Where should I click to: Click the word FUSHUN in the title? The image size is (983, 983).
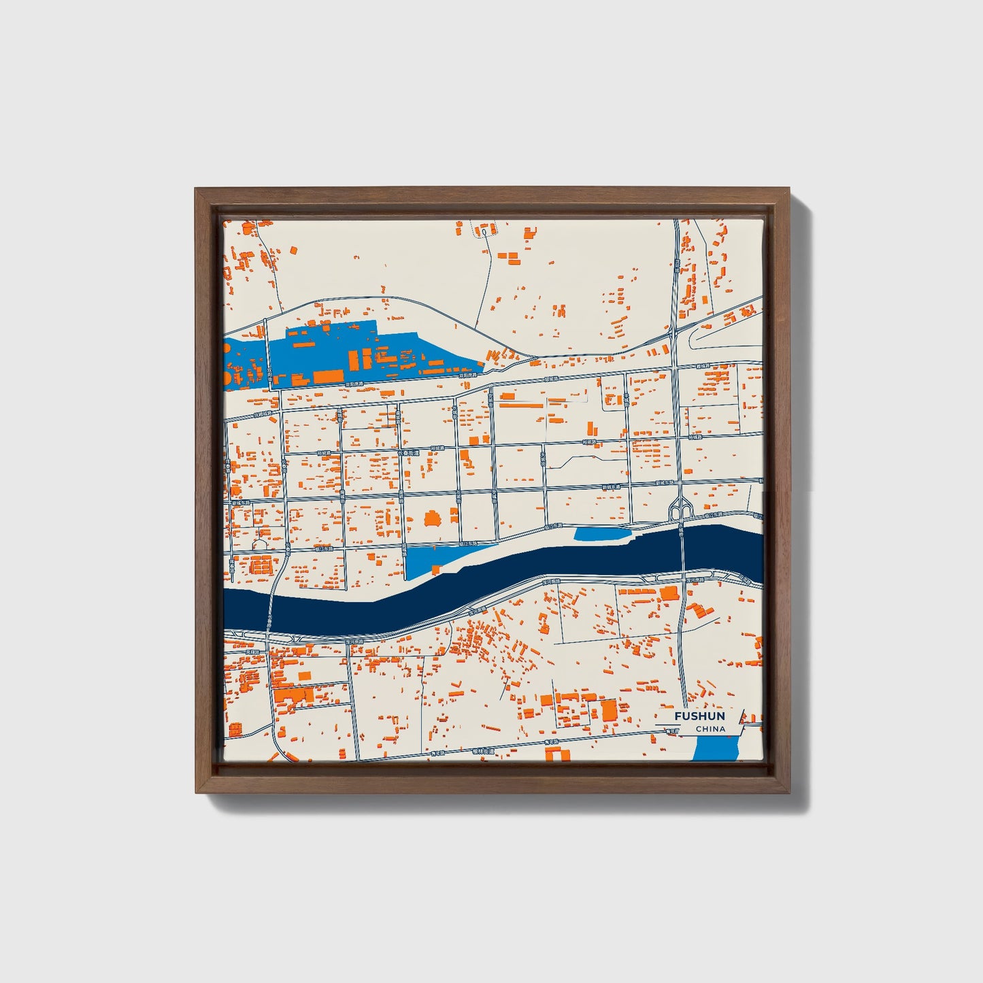coord(699,716)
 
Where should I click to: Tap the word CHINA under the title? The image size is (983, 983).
coord(710,729)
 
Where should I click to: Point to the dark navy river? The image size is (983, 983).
coord(476,578)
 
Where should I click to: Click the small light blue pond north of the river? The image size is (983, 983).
coord(602,535)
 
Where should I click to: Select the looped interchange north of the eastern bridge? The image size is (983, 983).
coord(681,507)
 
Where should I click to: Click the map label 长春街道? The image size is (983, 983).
coord(410,452)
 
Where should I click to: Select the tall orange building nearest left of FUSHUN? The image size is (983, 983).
coord(608,710)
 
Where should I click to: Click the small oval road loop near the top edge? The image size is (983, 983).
coord(482,232)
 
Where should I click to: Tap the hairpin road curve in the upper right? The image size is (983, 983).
coord(694,336)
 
